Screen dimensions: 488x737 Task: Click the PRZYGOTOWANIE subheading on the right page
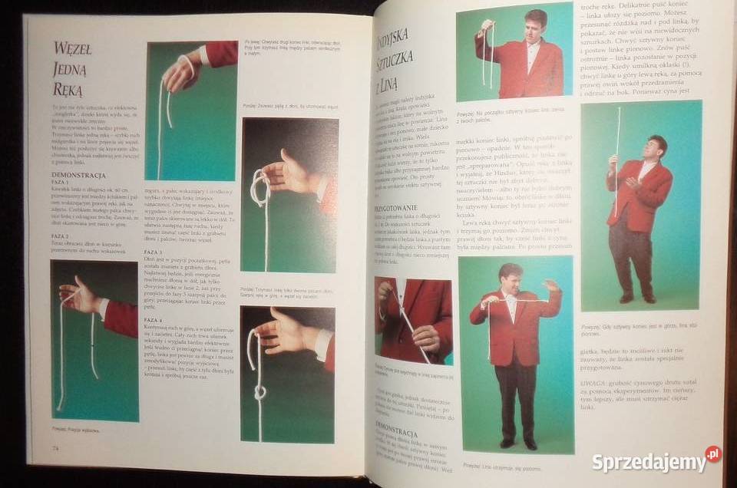click(x=396, y=208)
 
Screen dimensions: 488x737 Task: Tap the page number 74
click(x=56, y=448)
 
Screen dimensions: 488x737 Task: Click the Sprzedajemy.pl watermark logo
click(x=656, y=460)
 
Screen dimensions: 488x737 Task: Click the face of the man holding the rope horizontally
click(x=510, y=275)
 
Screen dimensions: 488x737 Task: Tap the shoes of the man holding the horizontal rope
click(x=518, y=443)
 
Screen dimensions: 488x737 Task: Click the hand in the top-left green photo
click(x=180, y=73)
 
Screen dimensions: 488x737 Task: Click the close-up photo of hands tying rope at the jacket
click(x=413, y=318)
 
